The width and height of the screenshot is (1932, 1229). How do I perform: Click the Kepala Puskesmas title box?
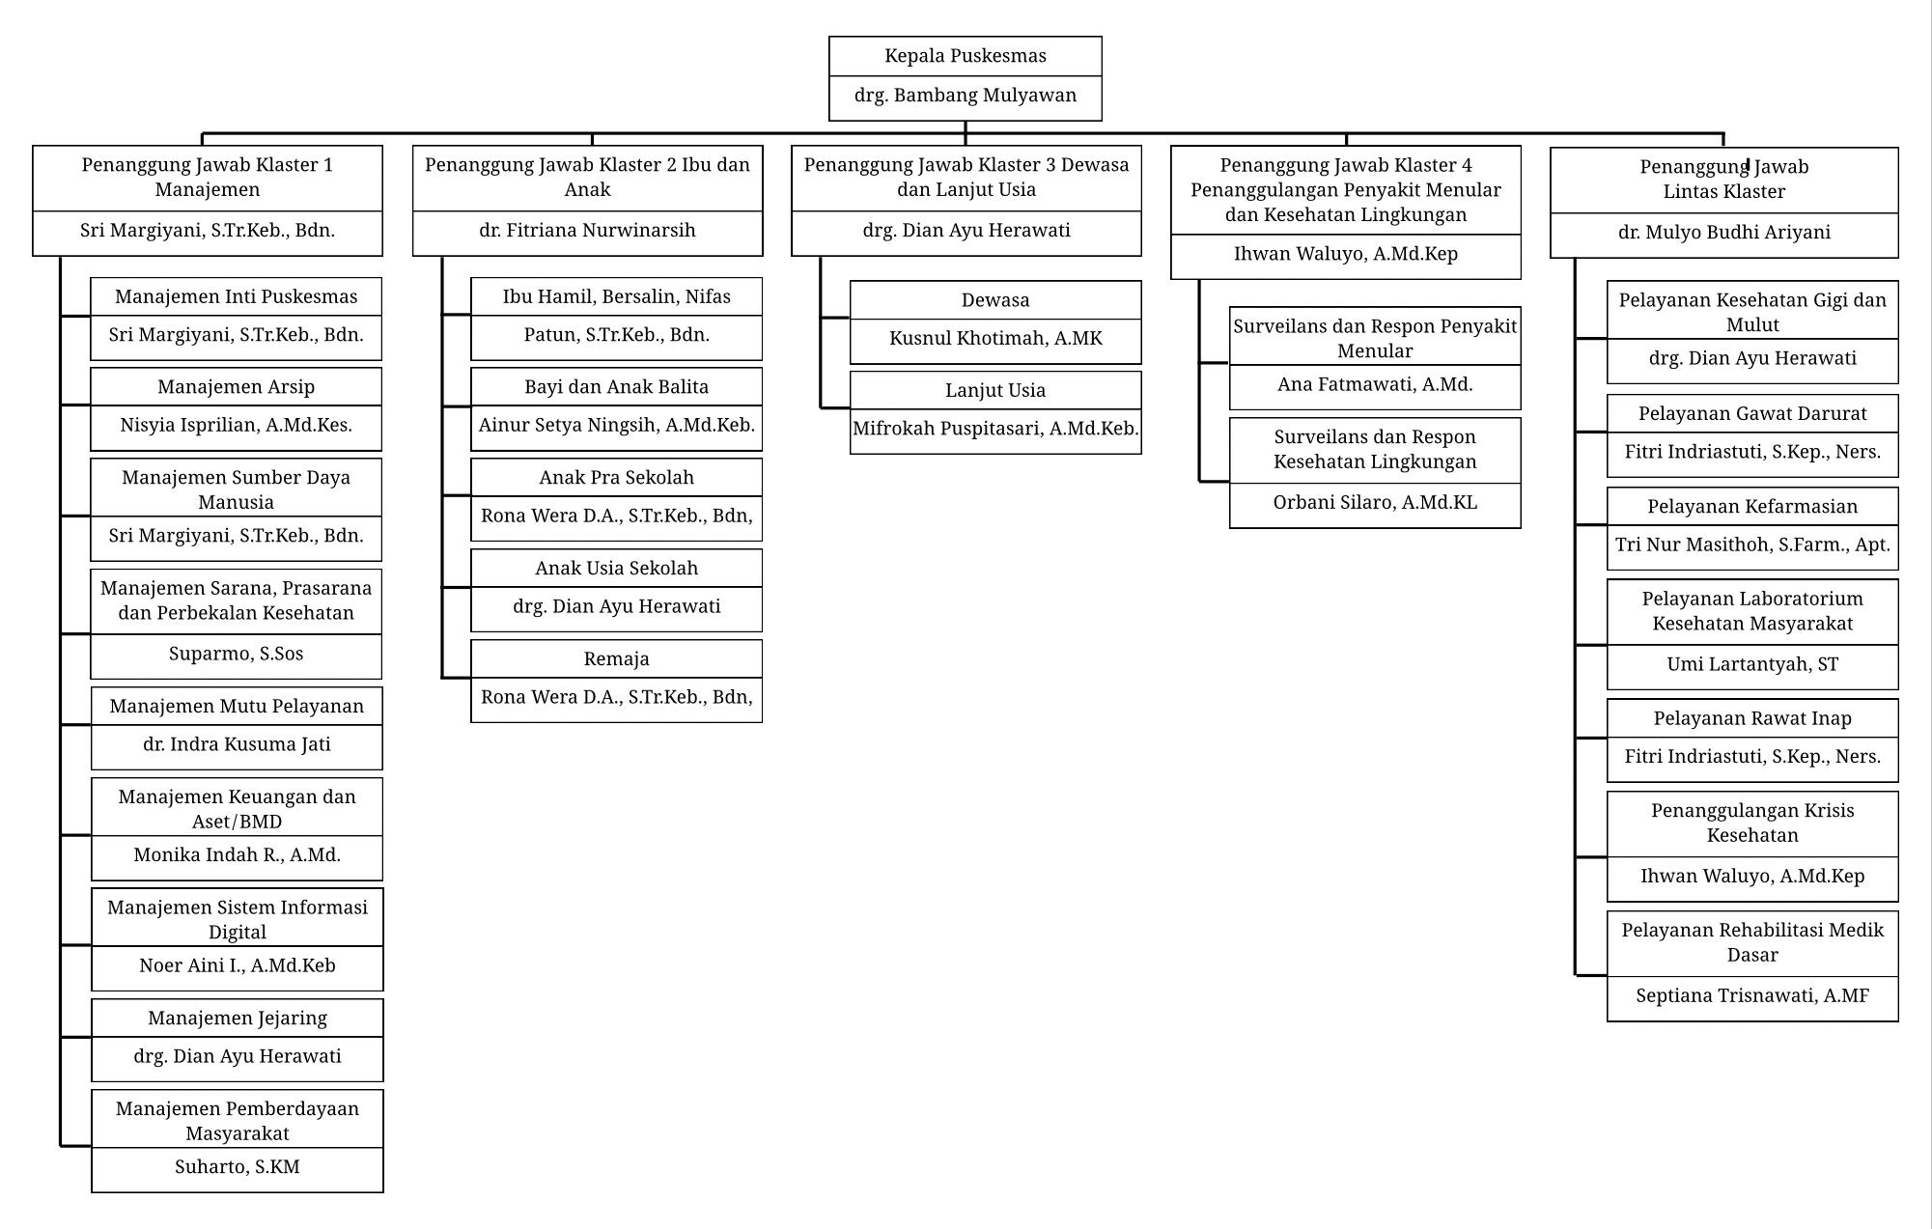(966, 56)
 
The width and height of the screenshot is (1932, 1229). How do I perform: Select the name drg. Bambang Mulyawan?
(966, 96)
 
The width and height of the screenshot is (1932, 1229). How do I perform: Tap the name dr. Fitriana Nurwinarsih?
(587, 231)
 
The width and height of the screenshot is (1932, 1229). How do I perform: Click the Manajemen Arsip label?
(237, 387)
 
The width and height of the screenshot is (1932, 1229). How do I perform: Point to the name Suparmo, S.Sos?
(237, 654)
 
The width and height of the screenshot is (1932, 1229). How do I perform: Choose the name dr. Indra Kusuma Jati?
(237, 744)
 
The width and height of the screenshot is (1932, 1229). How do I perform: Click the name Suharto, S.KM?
(238, 1167)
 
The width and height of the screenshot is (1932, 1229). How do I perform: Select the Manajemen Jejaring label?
(238, 1019)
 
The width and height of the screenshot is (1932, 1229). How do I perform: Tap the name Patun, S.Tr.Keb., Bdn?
(617, 335)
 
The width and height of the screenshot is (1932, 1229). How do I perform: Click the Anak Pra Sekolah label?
(617, 478)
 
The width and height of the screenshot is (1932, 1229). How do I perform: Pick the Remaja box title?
(617, 659)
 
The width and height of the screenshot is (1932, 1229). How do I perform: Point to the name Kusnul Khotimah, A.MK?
(995, 339)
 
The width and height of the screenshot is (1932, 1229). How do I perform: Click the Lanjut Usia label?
(995, 391)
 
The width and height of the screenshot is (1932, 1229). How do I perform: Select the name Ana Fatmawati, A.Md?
(1375, 385)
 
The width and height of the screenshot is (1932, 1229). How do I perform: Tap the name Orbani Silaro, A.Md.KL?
(1375, 503)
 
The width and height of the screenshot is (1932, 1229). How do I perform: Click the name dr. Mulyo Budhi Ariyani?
(1724, 233)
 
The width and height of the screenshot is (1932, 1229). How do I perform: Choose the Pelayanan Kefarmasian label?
(1752, 507)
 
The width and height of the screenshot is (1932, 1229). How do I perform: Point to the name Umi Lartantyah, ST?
(1752, 665)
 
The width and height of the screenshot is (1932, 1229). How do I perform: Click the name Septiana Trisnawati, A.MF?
(1752, 996)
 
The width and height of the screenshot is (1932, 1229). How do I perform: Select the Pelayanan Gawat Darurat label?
(1752, 414)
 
